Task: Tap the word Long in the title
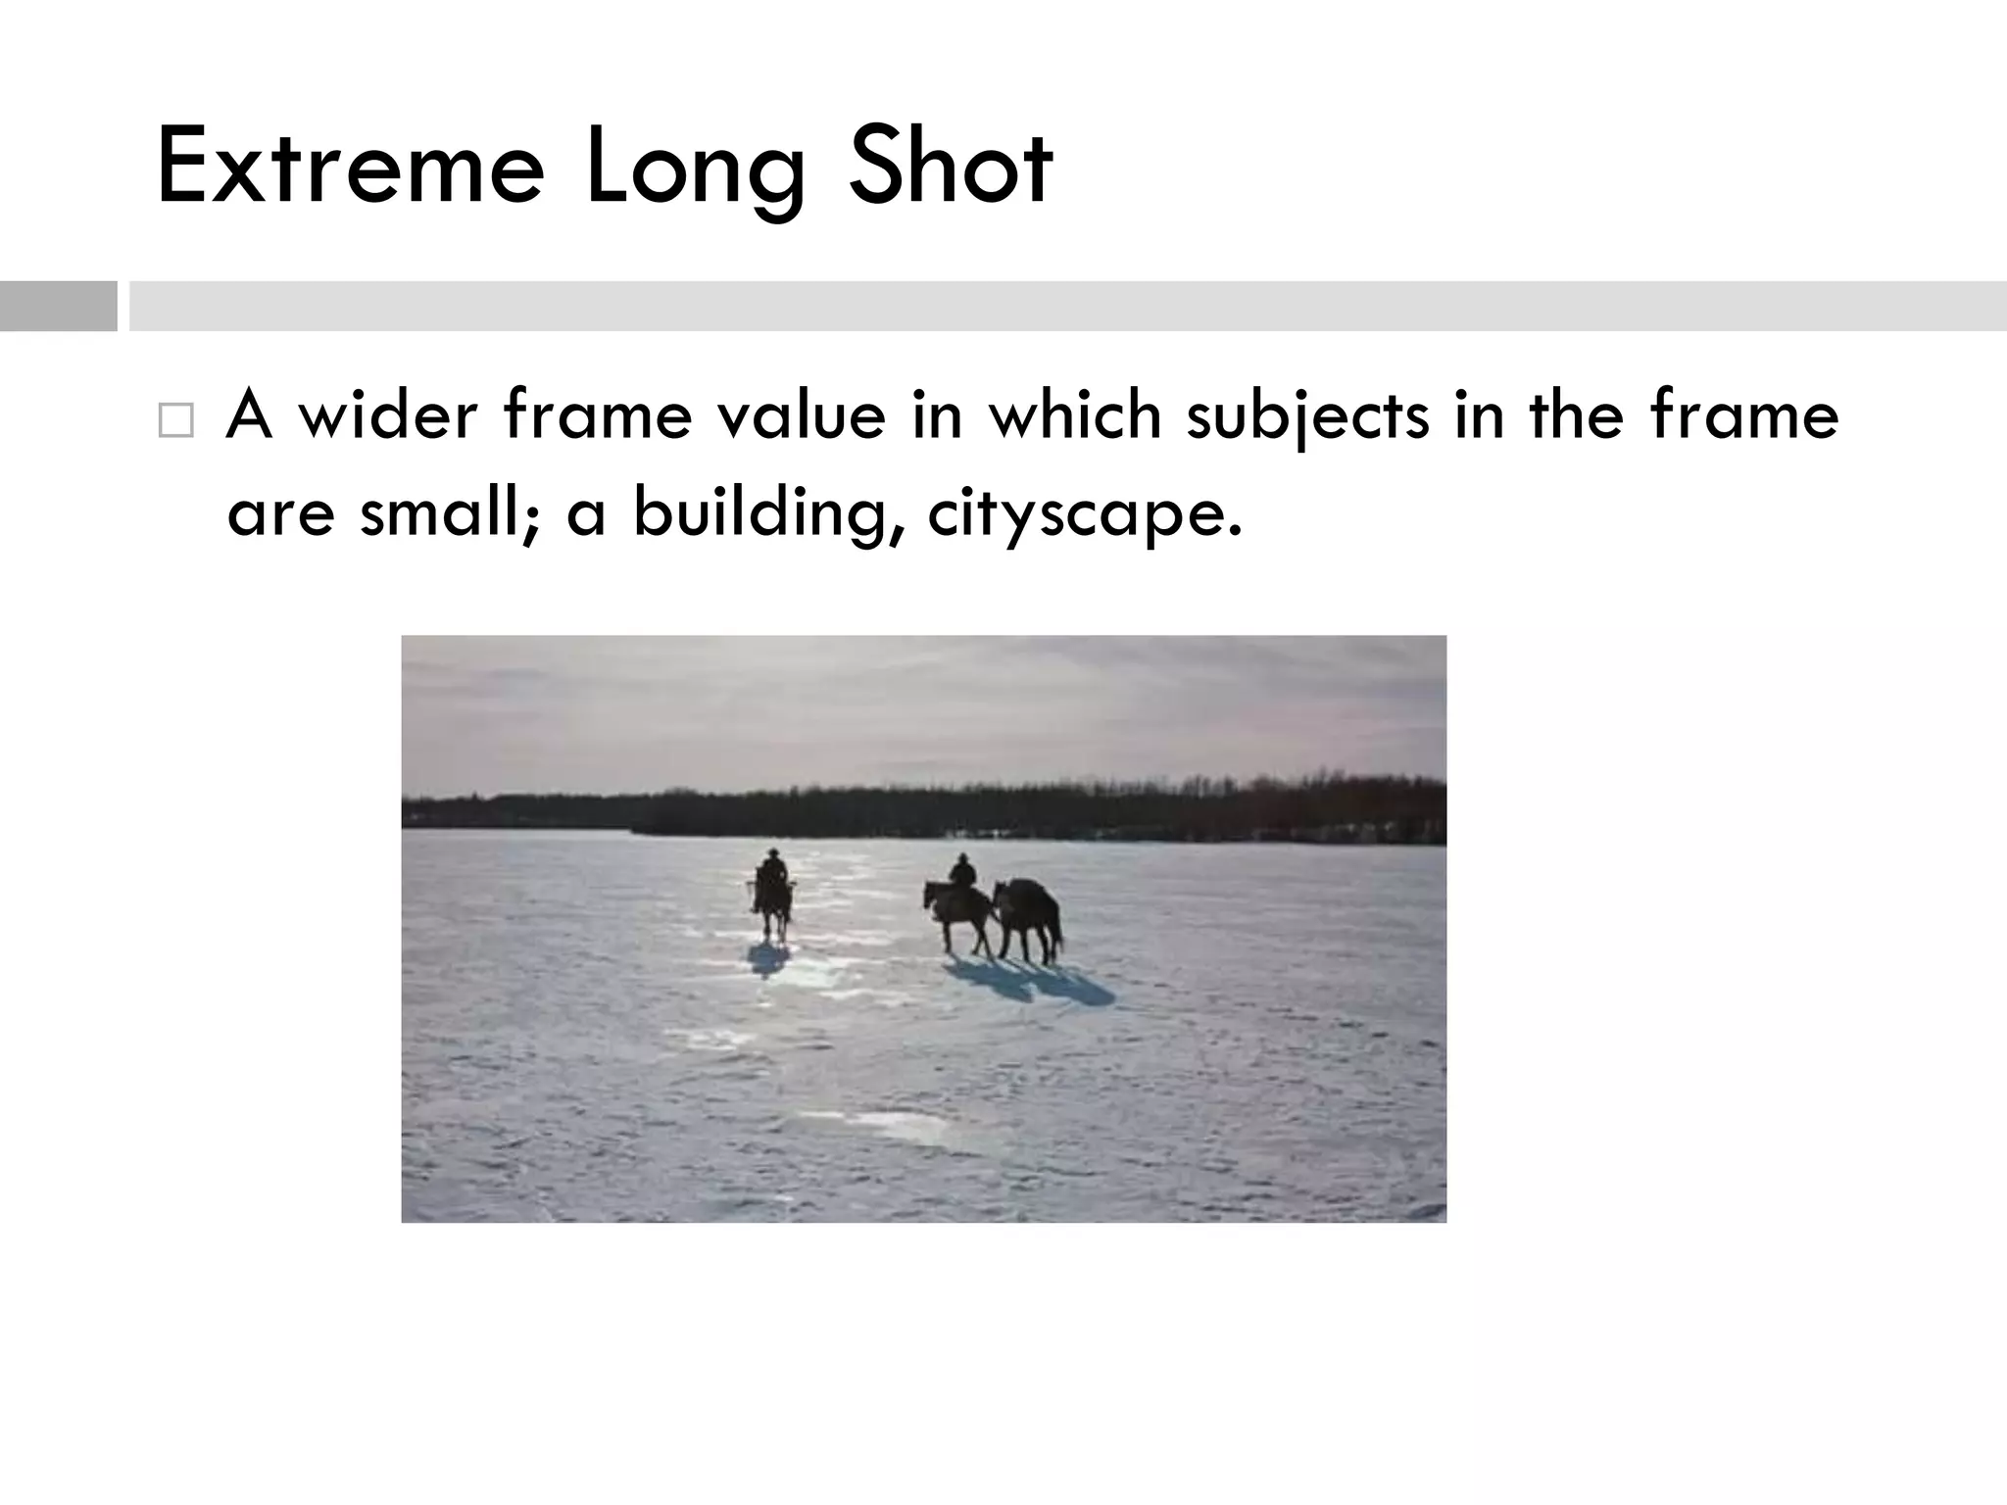pyautogui.click(x=695, y=169)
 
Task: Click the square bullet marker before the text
pyautogui.click(x=175, y=420)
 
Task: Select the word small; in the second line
pyautogui.click(x=450, y=512)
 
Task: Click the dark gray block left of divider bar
pyautogui.click(x=58, y=306)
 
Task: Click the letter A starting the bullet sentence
pyautogui.click(x=249, y=414)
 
